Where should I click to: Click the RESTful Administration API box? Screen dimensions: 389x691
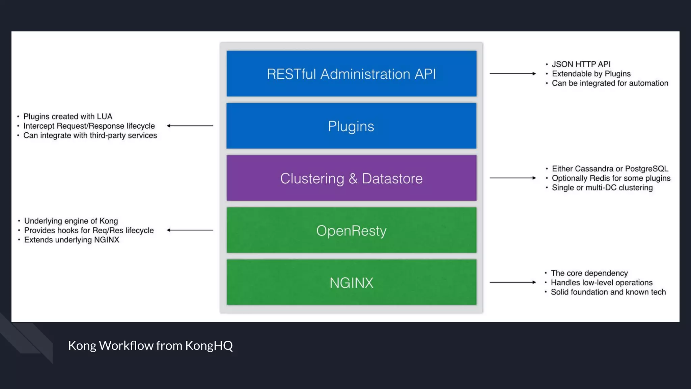pos(351,74)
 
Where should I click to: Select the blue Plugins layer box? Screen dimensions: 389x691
pos(351,126)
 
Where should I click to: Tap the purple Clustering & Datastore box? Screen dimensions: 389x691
pos(351,178)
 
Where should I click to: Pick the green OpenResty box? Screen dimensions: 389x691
pos(351,230)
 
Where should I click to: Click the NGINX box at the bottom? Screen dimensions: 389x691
pos(351,282)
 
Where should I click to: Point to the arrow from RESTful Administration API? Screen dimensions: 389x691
pos(513,73)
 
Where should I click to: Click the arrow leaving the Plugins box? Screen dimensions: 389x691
pos(190,126)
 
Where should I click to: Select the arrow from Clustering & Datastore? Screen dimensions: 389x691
pos(513,178)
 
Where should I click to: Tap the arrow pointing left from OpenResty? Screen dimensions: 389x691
pos(190,230)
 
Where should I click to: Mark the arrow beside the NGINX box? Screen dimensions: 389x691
pos(513,282)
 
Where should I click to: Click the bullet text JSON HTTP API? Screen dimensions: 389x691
pos(581,64)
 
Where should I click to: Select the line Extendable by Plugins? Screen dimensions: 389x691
pos(591,74)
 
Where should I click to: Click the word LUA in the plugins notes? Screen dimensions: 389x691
pos(105,116)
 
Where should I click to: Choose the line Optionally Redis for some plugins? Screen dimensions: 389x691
pos(611,178)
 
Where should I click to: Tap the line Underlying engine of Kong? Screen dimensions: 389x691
pos(71,221)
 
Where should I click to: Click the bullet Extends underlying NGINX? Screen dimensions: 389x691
pos(72,240)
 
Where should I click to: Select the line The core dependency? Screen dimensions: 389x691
pos(589,273)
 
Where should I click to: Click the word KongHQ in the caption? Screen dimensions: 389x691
pos(209,345)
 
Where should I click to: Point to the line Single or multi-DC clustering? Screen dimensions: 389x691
pos(602,187)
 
